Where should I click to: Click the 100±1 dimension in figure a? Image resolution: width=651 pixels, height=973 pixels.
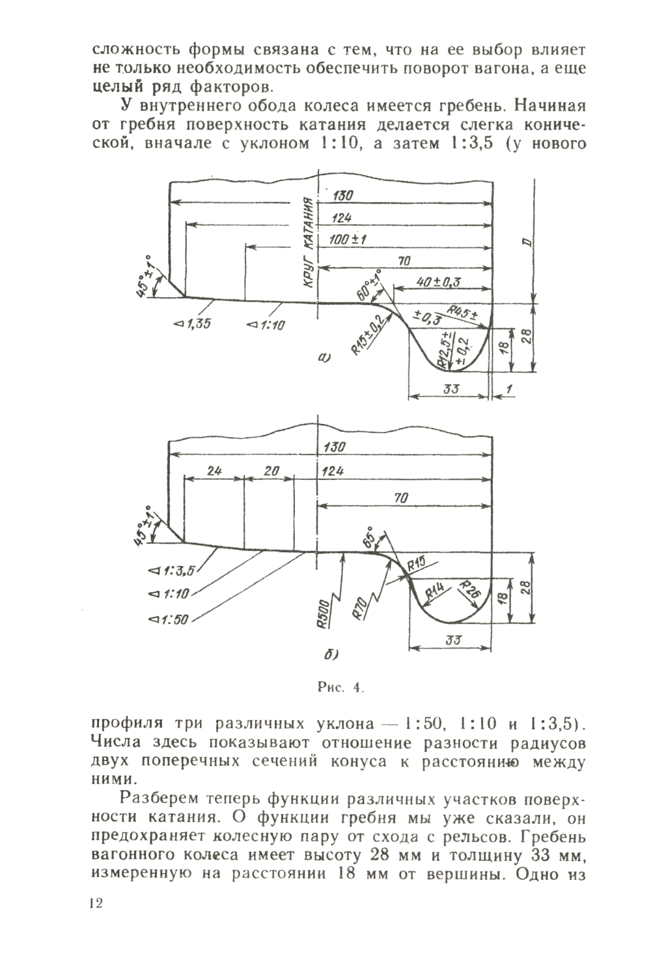(348, 240)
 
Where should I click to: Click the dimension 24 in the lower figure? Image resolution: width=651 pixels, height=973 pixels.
(214, 471)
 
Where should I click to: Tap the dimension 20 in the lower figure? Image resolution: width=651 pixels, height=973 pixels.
(271, 471)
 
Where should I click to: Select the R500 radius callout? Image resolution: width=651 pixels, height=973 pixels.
(324, 613)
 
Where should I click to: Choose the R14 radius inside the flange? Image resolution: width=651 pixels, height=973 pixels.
(435, 591)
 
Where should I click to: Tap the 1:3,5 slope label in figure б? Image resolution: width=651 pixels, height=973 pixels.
(172, 572)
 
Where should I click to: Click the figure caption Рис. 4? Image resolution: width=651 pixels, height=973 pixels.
(340, 686)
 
